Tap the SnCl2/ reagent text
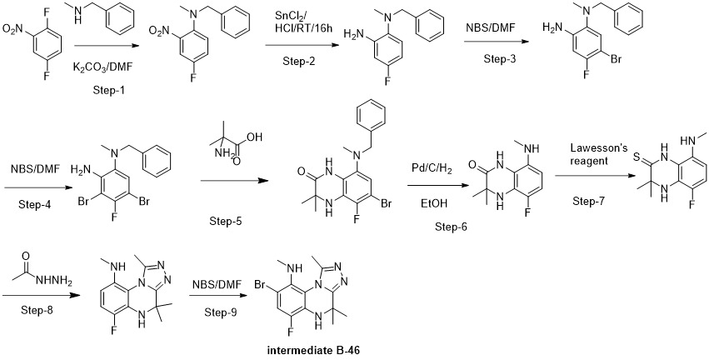pyautogui.click(x=289, y=17)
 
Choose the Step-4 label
pyautogui.click(x=35, y=204)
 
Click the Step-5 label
pyautogui.click(x=226, y=221)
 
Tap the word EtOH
pyautogui.click(x=433, y=204)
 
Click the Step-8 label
pyautogui.click(x=37, y=310)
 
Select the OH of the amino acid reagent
pyautogui.click(x=255, y=137)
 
